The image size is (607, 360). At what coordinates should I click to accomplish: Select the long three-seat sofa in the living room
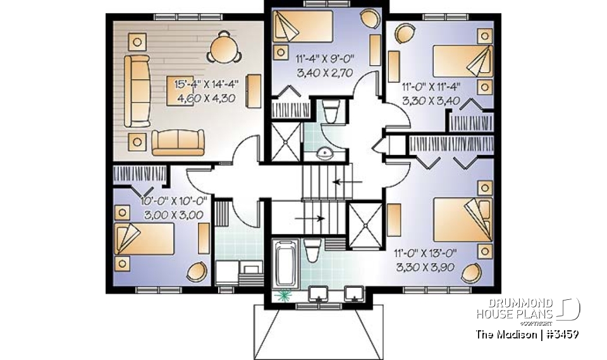point(136,89)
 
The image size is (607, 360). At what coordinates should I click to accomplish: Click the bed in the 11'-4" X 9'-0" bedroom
point(302,27)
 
